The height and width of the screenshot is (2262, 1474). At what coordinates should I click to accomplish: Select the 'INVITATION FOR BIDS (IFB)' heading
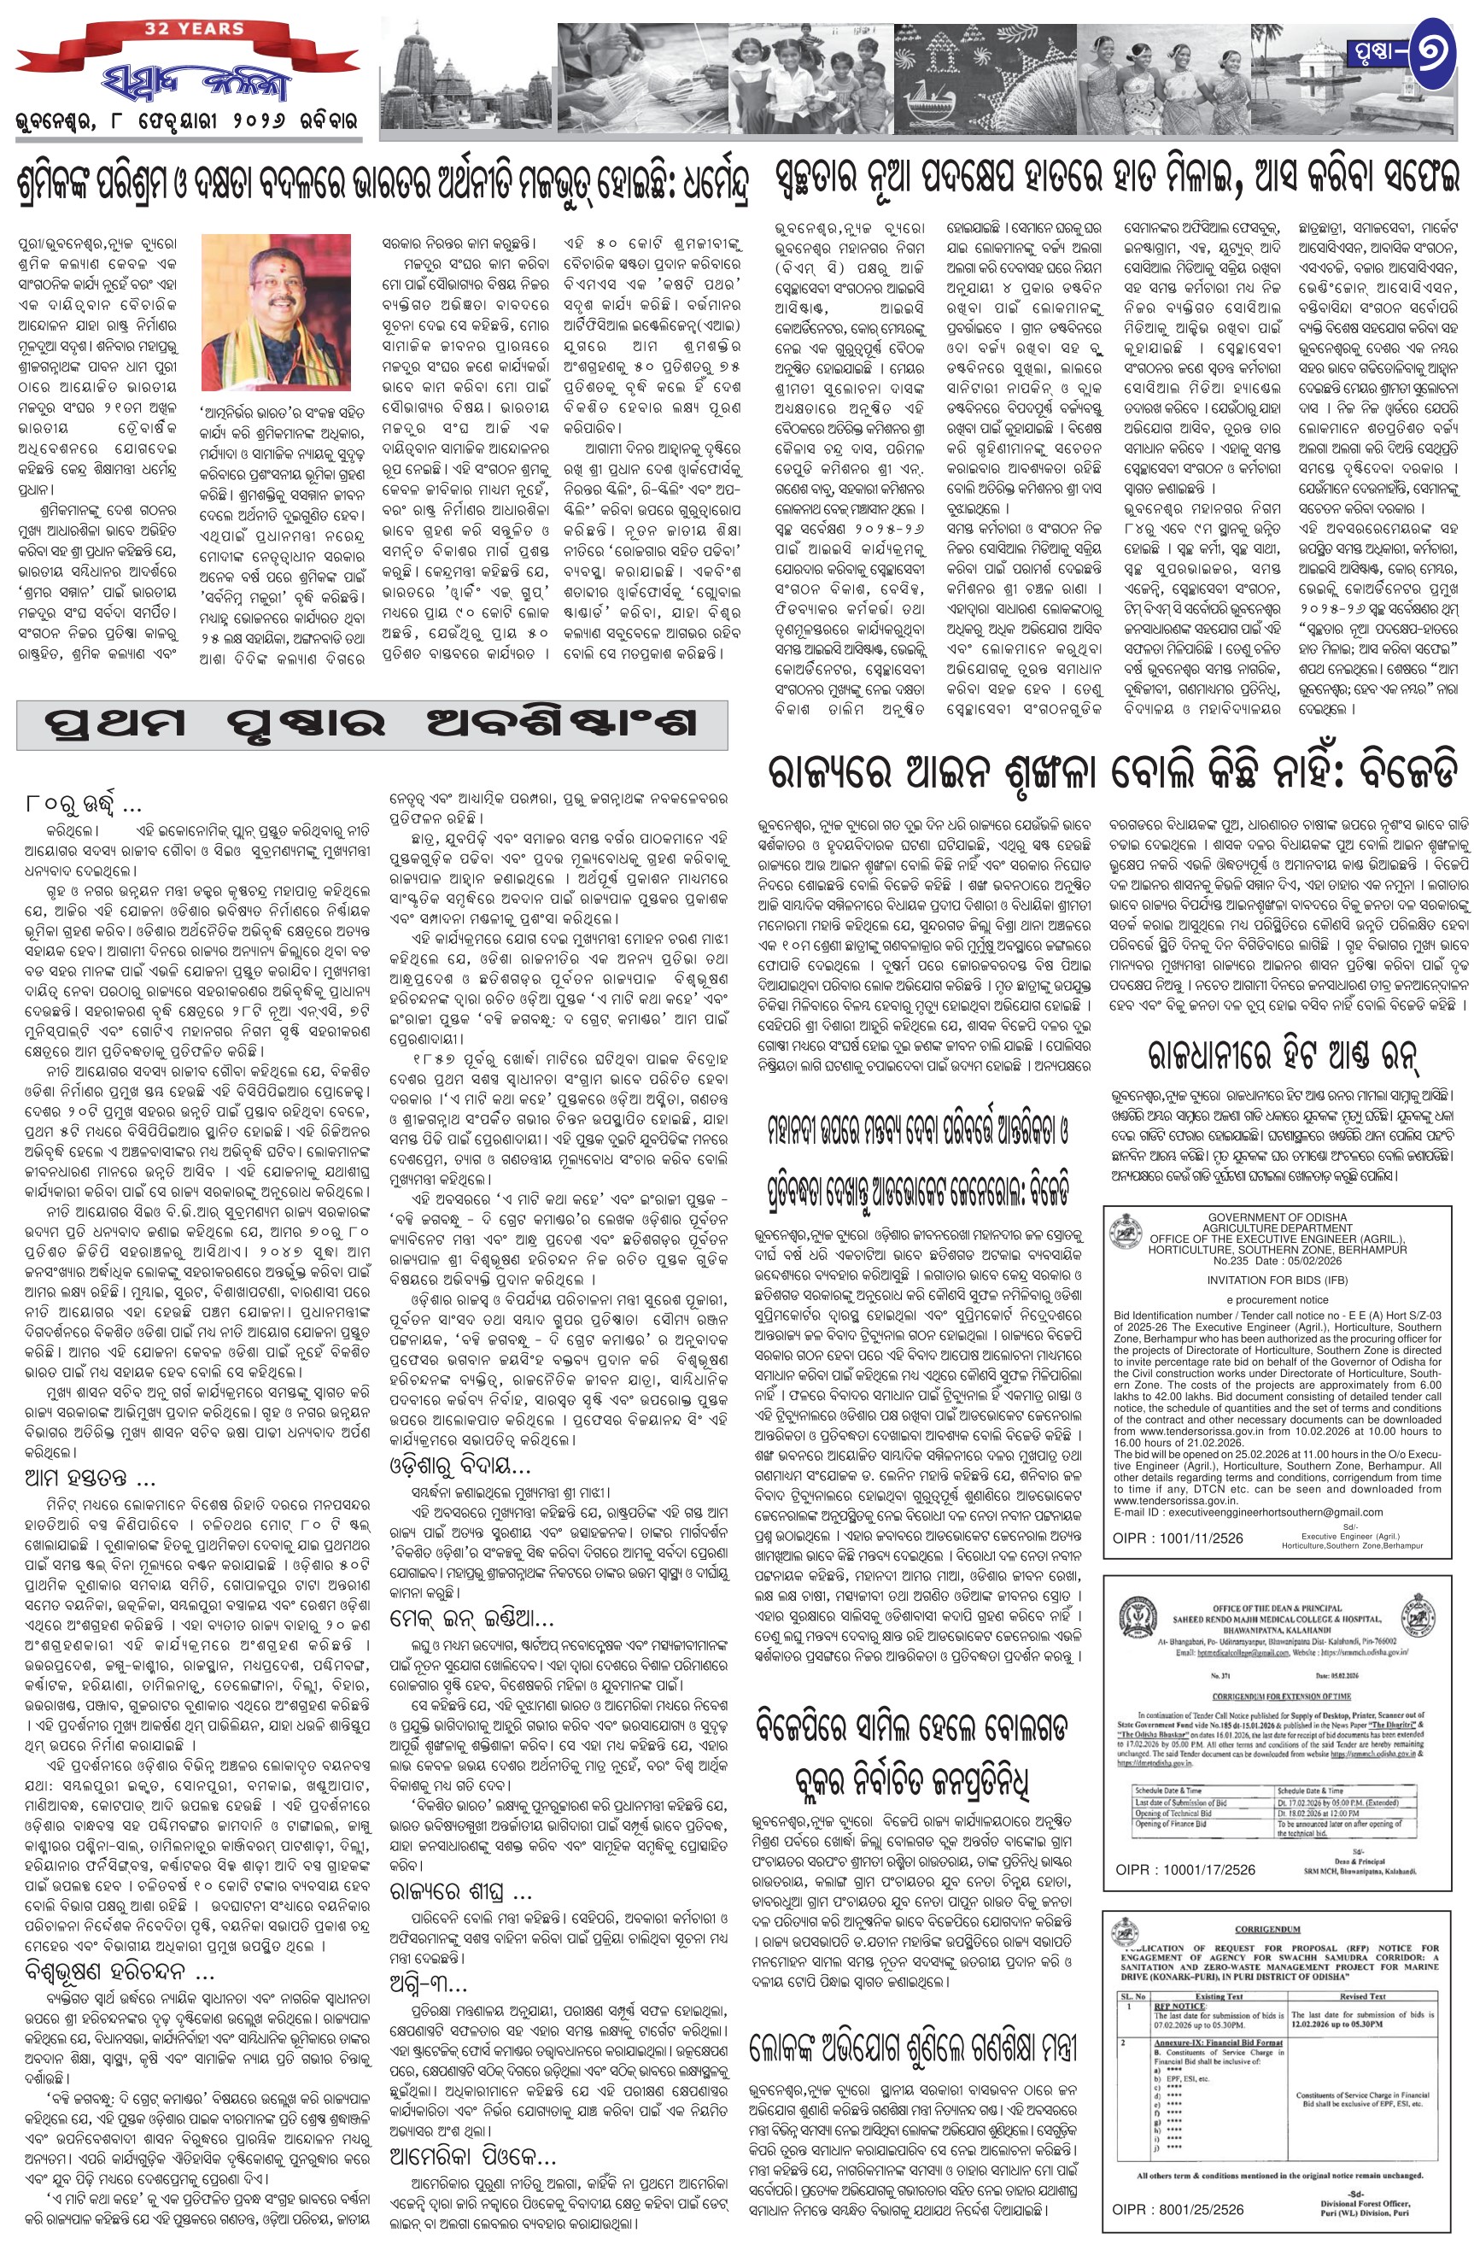pyautogui.click(x=1277, y=1280)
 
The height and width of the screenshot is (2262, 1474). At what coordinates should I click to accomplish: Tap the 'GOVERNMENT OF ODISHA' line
pyautogui.click(x=1277, y=1216)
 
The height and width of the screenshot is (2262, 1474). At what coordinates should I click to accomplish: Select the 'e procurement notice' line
pyautogui.click(x=1277, y=1299)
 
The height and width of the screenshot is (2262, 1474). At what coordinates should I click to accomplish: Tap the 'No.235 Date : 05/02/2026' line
pyautogui.click(x=1277, y=1260)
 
